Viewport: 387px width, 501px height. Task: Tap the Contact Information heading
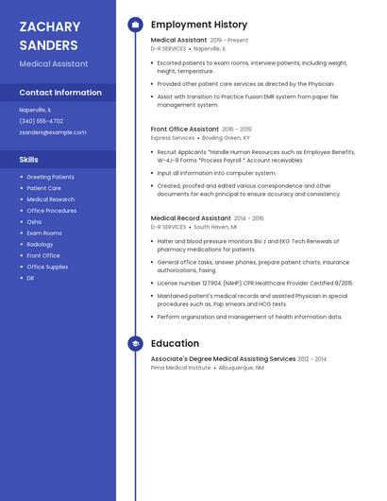coord(60,93)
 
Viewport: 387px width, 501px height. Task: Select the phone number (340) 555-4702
coord(42,121)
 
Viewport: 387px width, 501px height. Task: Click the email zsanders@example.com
coord(53,132)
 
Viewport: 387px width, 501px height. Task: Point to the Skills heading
coord(29,160)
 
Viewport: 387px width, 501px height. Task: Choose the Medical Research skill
coord(51,199)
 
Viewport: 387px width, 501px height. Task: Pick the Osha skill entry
coord(34,221)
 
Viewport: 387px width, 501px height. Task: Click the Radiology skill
coord(40,244)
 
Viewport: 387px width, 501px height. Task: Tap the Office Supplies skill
coord(47,267)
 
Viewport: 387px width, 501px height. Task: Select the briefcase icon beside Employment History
coord(135,25)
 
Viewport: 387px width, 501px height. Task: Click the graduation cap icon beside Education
coord(135,344)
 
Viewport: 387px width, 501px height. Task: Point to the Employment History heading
coord(199,25)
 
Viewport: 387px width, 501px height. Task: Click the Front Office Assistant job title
coord(185,129)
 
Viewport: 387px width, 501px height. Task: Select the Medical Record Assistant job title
coord(191,218)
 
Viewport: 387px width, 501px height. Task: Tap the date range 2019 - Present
coord(229,41)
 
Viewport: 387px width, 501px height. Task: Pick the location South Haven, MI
coord(216,227)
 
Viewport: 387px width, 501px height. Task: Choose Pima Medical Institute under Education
coord(180,368)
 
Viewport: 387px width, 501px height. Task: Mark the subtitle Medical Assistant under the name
coord(54,64)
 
